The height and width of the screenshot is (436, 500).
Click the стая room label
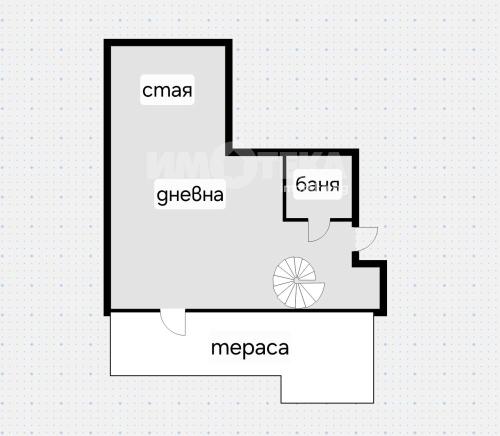point(167,90)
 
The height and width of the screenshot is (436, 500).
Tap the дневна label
point(190,194)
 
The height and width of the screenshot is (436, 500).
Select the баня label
point(317,184)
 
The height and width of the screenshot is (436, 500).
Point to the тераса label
point(250,347)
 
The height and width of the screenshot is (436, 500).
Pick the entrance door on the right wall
point(366,238)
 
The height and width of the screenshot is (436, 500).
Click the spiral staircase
point(298,282)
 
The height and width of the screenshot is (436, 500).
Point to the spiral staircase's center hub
point(296,280)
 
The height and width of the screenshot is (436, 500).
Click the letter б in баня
point(301,184)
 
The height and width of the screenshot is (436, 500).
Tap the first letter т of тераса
point(218,348)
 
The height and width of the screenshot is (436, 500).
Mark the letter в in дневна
point(195,194)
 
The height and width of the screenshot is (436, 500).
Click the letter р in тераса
point(247,350)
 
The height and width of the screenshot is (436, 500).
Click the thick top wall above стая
point(168,42)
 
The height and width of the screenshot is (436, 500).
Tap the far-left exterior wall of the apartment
point(107,177)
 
